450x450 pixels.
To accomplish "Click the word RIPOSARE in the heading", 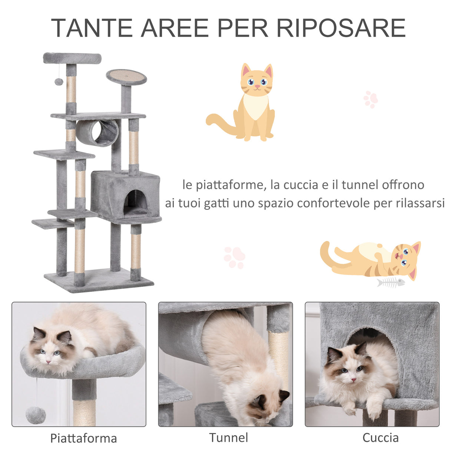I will click(x=341, y=28).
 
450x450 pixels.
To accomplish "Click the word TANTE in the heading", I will click(x=93, y=28).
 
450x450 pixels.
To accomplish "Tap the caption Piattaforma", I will click(x=83, y=438).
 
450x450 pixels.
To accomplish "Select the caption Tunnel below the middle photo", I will click(x=228, y=437).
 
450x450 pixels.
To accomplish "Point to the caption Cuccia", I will click(x=380, y=437).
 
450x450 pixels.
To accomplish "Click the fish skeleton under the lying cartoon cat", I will click(x=390, y=282).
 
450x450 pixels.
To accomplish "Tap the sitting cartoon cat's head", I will click(x=257, y=80).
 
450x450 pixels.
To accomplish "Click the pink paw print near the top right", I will click(x=370, y=99).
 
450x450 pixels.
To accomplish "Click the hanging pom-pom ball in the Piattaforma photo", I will click(x=36, y=415).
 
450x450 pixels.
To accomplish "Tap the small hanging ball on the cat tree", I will click(x=59, y=82).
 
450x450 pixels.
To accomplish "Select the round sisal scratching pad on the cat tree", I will click(x=126, y=77).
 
